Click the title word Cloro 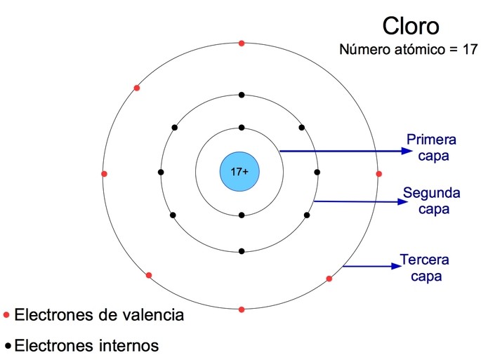pyautogui.click(x=411, y=26)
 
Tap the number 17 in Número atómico pyautogui.click(x=470, y=51)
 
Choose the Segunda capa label pyautogui.click(x=431, y=200)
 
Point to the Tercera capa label pyautogui.click(x=424, y=267)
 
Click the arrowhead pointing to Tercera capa pyautogui.click(x=395, y=266)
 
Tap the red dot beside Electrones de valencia pyautogui.click(x=6, y=315)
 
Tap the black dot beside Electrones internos pyautogui.click(x=8, y=346)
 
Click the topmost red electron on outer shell pyautogui.click(x=242, y=44)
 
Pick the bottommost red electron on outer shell pyautogui.click(x=242, y=309)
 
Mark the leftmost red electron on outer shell pyautogui.click(x=104, y=173)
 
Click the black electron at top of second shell pyautogui.click(x=242, y=95)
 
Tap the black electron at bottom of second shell pyautogui.click(x=242, y=251)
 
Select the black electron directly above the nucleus pyautogui.click(x=242, y=128)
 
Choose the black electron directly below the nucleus pyautogui.click(x=242, y=215)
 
